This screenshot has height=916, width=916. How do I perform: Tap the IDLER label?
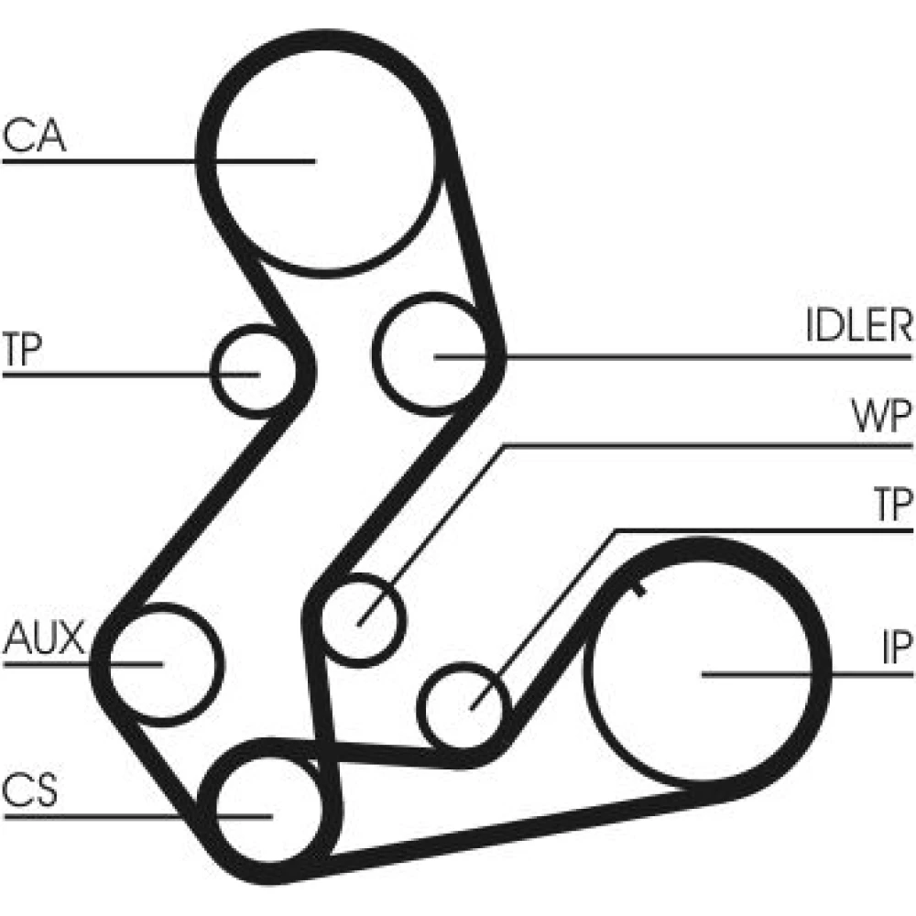[858, 327]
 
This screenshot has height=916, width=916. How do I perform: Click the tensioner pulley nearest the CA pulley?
[253, 371]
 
